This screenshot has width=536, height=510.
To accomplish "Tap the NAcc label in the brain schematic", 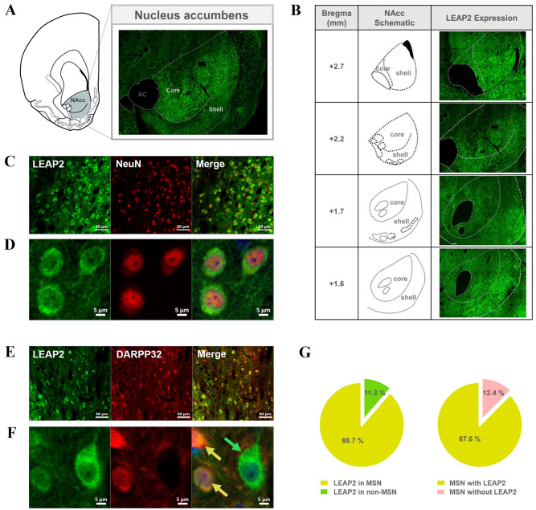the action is pyautogui.click(x=77, y=100).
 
